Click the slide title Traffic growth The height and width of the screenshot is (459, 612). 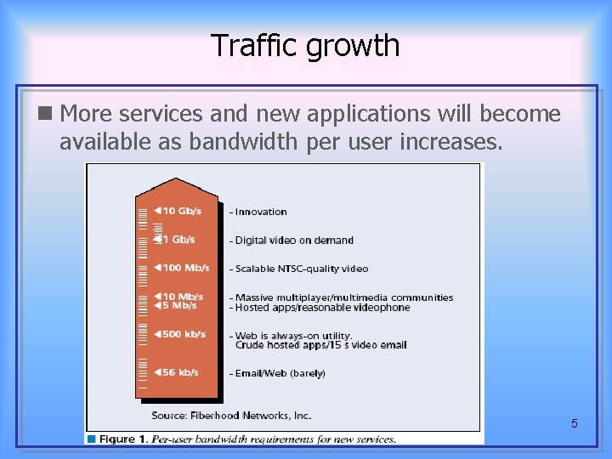coord(305,45)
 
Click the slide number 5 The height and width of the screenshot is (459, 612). coord(575,423)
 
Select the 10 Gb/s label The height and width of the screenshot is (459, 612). coord(180,211)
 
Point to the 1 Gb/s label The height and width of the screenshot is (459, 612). coord(178,240)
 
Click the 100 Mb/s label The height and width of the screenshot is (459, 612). coord(184,268)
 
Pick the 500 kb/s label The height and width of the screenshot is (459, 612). coord(181,334)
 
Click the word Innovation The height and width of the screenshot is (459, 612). coord(261,212)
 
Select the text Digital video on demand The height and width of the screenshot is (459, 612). coord(294,241)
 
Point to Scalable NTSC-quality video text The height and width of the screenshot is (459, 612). coord(302,269)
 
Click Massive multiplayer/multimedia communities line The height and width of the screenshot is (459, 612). coord(343,297)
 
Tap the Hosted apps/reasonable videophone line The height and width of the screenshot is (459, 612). coord(322,307)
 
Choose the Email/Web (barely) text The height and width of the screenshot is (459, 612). coord(280,373)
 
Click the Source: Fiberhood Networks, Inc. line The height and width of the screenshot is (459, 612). coord(231,416)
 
